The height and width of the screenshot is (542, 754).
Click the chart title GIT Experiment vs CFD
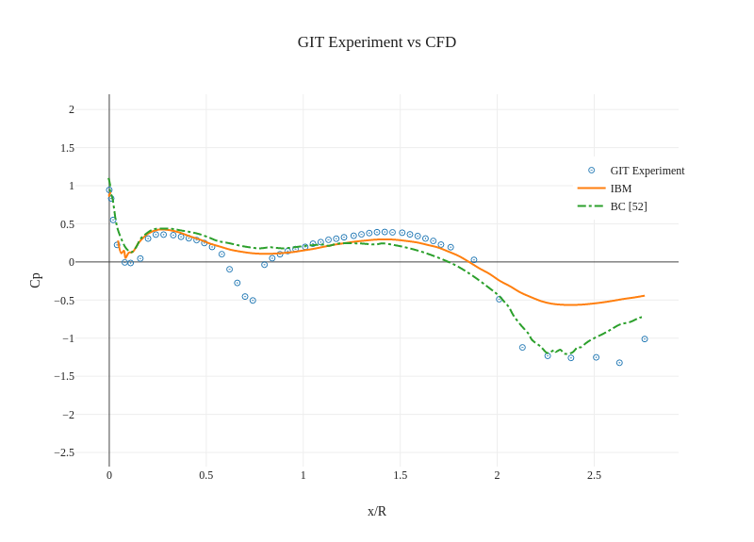[x=377, y=42]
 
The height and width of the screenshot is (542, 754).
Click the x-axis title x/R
[x=377, y=512]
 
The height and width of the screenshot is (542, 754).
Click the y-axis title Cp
[x=36, y=280]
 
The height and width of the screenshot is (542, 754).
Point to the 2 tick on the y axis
[x=72, y=109]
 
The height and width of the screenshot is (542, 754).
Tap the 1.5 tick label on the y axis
[x=68, y=148]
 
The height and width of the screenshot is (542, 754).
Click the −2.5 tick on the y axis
[x=64, y=452]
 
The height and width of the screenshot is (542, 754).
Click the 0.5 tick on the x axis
[x=206, y=475]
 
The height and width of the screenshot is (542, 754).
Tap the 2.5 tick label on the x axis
[x=594, y=475]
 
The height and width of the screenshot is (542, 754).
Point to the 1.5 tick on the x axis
[x=401, y=475]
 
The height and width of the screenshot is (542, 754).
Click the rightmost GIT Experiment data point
[x=645, y=339]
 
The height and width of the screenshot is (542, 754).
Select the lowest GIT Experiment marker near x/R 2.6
[x=619, y=363]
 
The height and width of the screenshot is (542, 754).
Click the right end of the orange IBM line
[x=644, y=296]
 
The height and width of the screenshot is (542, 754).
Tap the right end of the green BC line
[x=643, y=317]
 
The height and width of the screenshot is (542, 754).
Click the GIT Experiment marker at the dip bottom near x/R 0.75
[x=253, y=301]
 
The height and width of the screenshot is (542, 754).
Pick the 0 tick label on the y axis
[x=72, y=262]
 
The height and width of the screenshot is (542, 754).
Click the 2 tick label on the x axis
[x=498, y=475]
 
